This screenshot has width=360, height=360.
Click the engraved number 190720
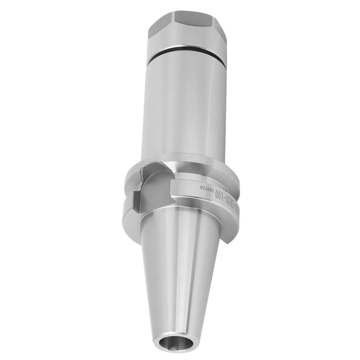(x=207, y=189)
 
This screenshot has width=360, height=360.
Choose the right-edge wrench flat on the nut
(x=223, y=30)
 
